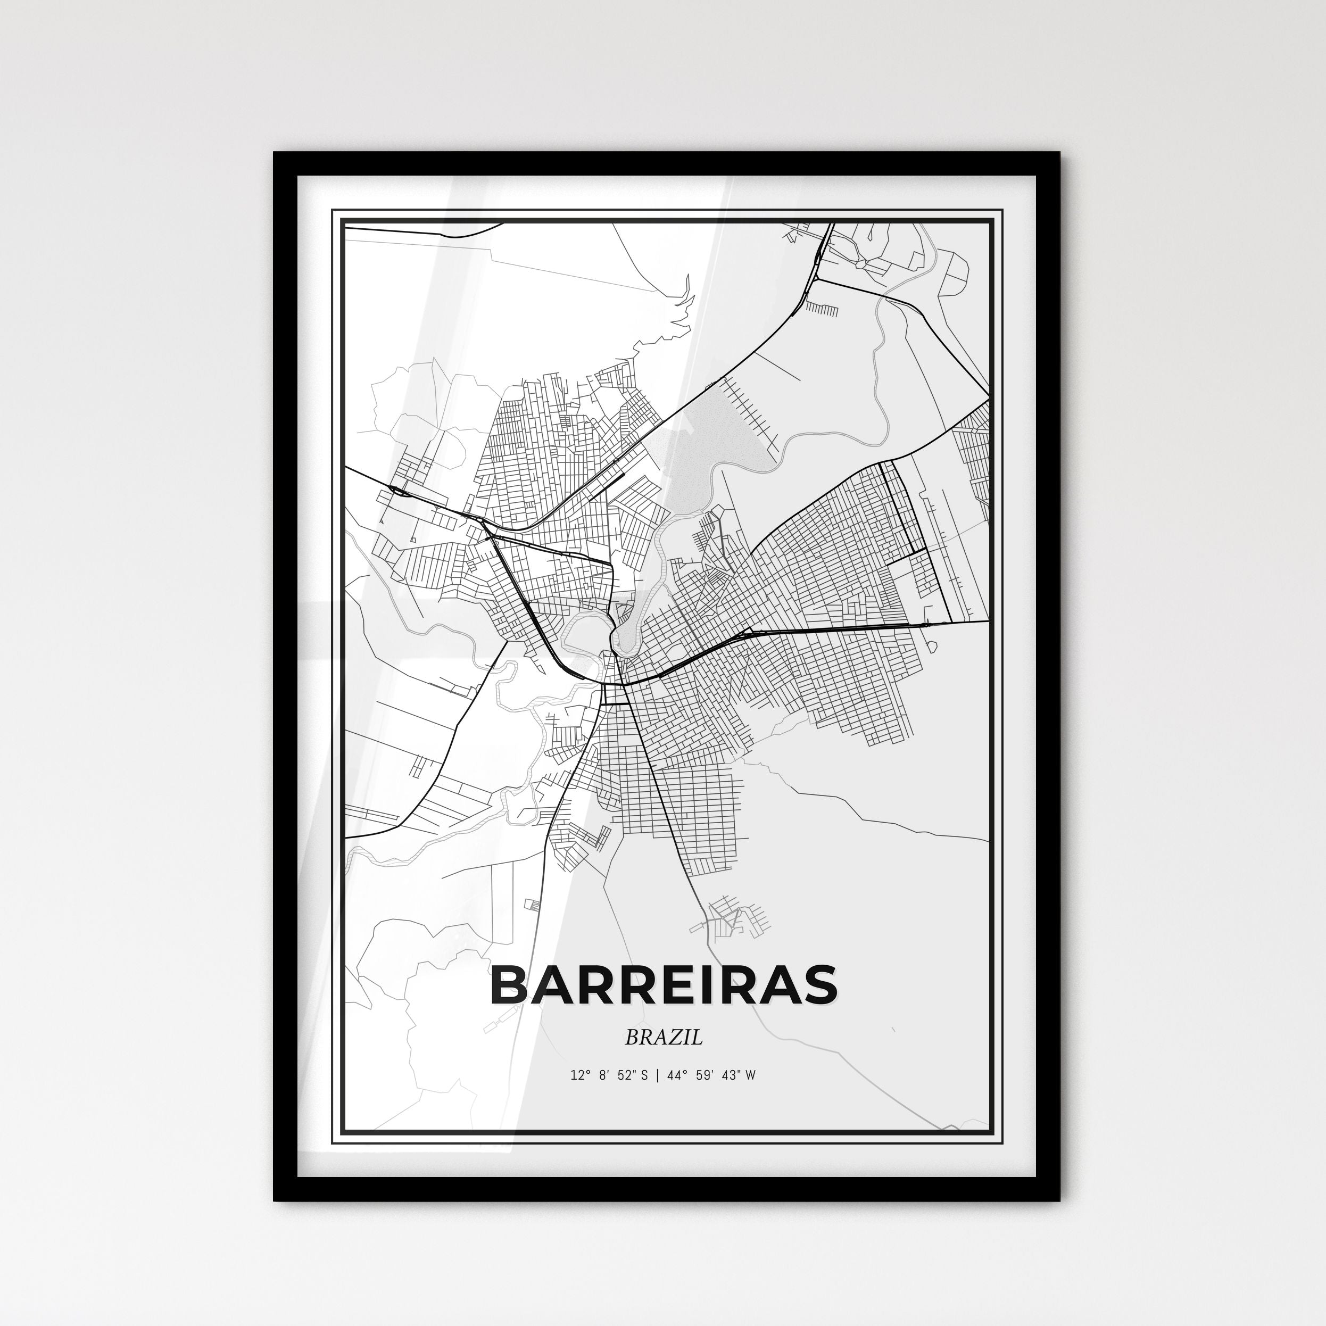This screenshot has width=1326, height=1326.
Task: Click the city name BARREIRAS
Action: click(663, 985)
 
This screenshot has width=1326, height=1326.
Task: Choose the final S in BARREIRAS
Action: click(819, 985)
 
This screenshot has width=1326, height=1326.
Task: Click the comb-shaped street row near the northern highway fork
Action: click(822, 310)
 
